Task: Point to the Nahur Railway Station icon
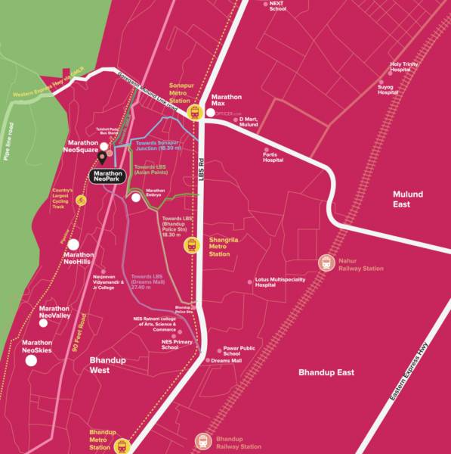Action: point(326,263)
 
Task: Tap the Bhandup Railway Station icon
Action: point(202,440)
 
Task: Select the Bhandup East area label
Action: point(326,372)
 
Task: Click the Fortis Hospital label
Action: point(273,157)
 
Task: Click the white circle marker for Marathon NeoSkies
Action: point(31,361)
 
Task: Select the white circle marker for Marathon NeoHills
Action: point(73,244)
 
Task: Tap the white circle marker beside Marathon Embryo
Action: point(135,197)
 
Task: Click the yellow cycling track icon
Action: point(82,201)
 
